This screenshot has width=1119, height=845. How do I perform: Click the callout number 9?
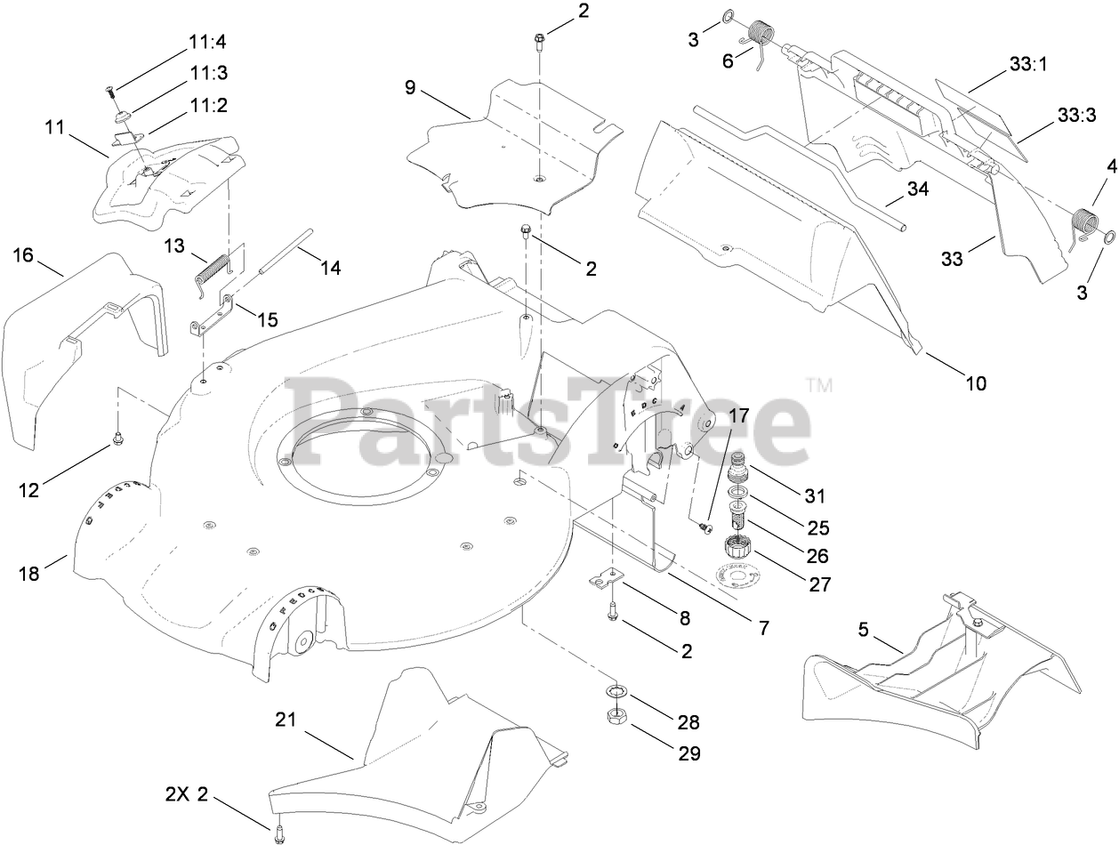point(410,88)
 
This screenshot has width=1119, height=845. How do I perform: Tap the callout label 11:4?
point(207,42)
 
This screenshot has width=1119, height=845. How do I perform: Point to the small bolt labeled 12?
point(117,439)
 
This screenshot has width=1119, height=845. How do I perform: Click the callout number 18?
point(28,574)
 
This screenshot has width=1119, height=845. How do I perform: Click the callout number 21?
point(285,720)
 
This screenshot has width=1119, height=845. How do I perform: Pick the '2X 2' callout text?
point(186,794)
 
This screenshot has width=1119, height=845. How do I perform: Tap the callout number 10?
point(976,383)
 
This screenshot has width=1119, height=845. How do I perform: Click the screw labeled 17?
point(707,528)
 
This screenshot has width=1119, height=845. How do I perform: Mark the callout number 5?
point(863,631)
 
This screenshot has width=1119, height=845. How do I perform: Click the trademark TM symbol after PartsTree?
point(818,385)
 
